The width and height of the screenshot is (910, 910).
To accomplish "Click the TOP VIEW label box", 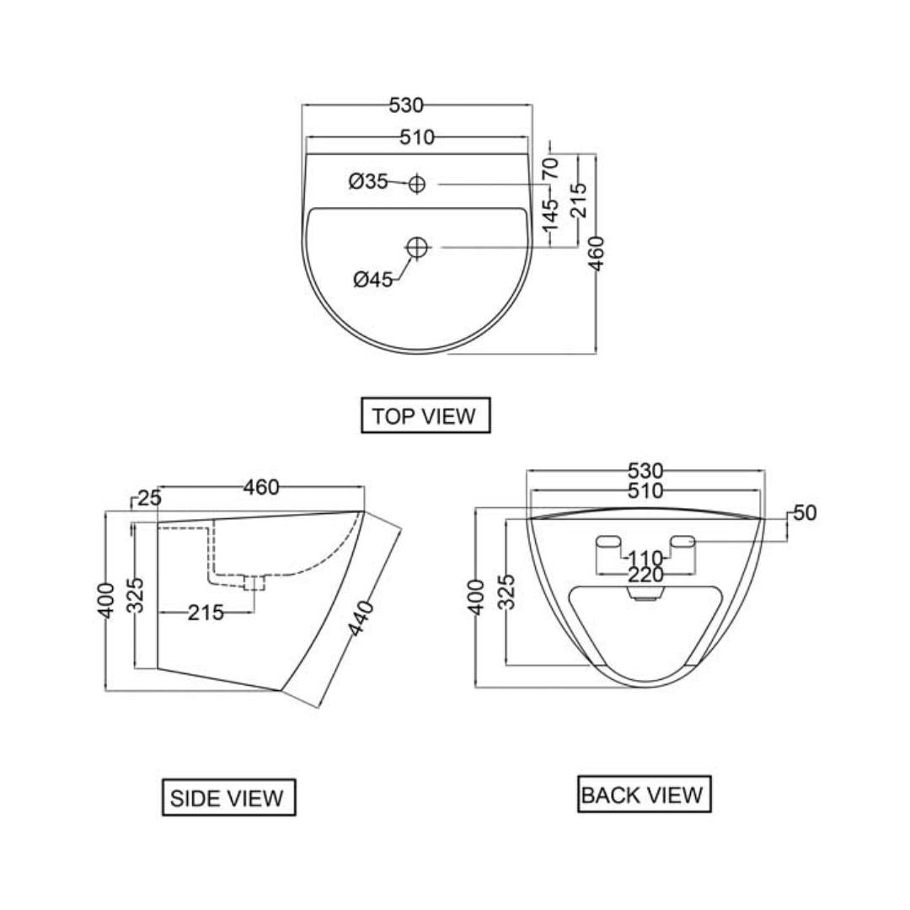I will pos(424,415).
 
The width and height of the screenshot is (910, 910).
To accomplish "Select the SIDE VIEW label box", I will pos(227,797).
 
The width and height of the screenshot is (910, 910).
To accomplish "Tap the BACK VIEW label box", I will pos(644,795).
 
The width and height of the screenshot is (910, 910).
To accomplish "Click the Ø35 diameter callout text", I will pos(367,181).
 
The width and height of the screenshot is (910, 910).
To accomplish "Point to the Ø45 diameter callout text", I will pos(373,280).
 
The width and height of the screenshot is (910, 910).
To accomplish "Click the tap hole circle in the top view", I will pos(417,183).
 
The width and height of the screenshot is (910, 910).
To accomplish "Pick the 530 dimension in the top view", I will pos(405,105).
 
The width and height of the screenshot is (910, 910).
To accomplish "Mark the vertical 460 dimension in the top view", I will pos(597,253).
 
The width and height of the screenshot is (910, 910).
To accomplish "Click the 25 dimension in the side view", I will pos(149,498).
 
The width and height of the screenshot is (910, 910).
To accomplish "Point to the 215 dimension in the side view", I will pos(206,613).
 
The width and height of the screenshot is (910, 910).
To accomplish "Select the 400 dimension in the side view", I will pos(105,600).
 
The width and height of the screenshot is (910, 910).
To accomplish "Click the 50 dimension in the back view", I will pos(805,513).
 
